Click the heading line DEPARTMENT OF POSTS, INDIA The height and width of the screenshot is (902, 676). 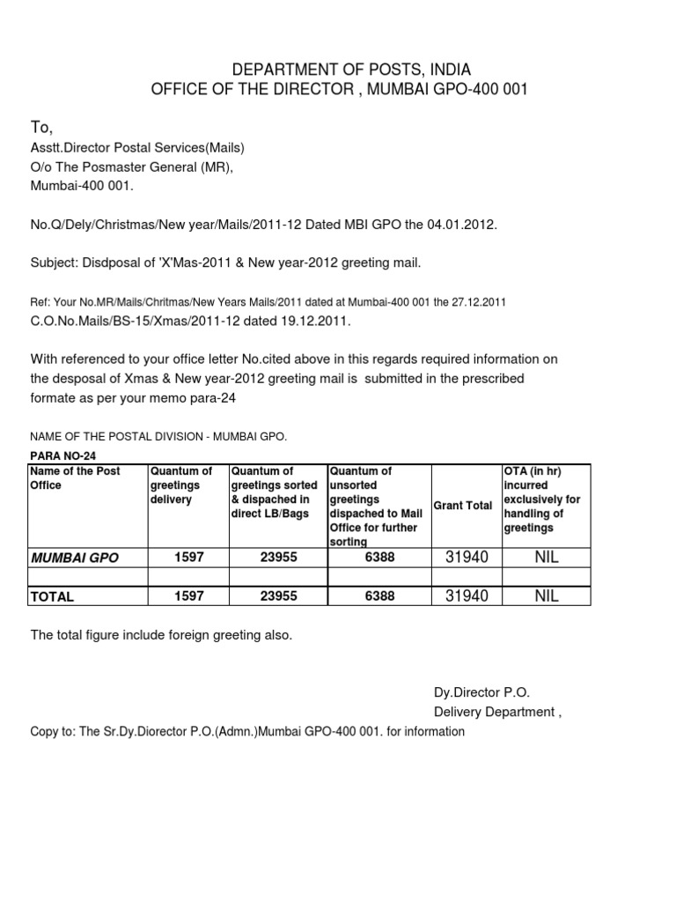(x=339, y=69)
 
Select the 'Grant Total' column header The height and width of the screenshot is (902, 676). (x=463, y=506)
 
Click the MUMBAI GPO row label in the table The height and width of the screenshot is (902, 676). (x=75, y=558)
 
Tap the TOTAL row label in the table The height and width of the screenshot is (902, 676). (x=53, y=596)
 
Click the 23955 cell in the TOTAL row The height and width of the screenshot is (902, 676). (x=277, y=596)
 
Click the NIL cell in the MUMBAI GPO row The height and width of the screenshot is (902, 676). (x=546, y=558)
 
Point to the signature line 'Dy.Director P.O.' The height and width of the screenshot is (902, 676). (x=481, y=692)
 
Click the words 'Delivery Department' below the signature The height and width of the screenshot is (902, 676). (x=494, y=712)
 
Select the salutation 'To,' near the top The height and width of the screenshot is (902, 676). (x=42, y=129)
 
